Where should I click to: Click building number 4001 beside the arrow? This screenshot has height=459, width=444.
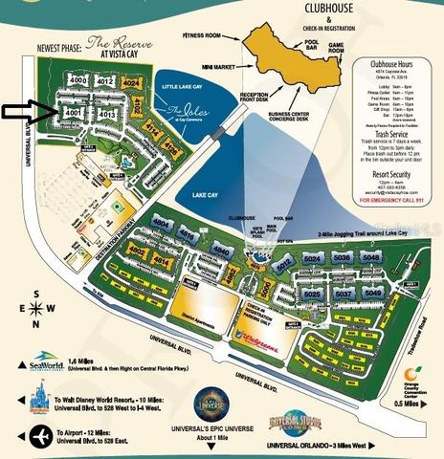coord(73,112)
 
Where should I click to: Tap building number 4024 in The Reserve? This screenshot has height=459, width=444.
coord(133,83)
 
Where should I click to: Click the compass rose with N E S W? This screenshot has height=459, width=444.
coord(35,307)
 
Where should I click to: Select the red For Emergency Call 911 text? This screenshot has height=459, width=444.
coord(396,201)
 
